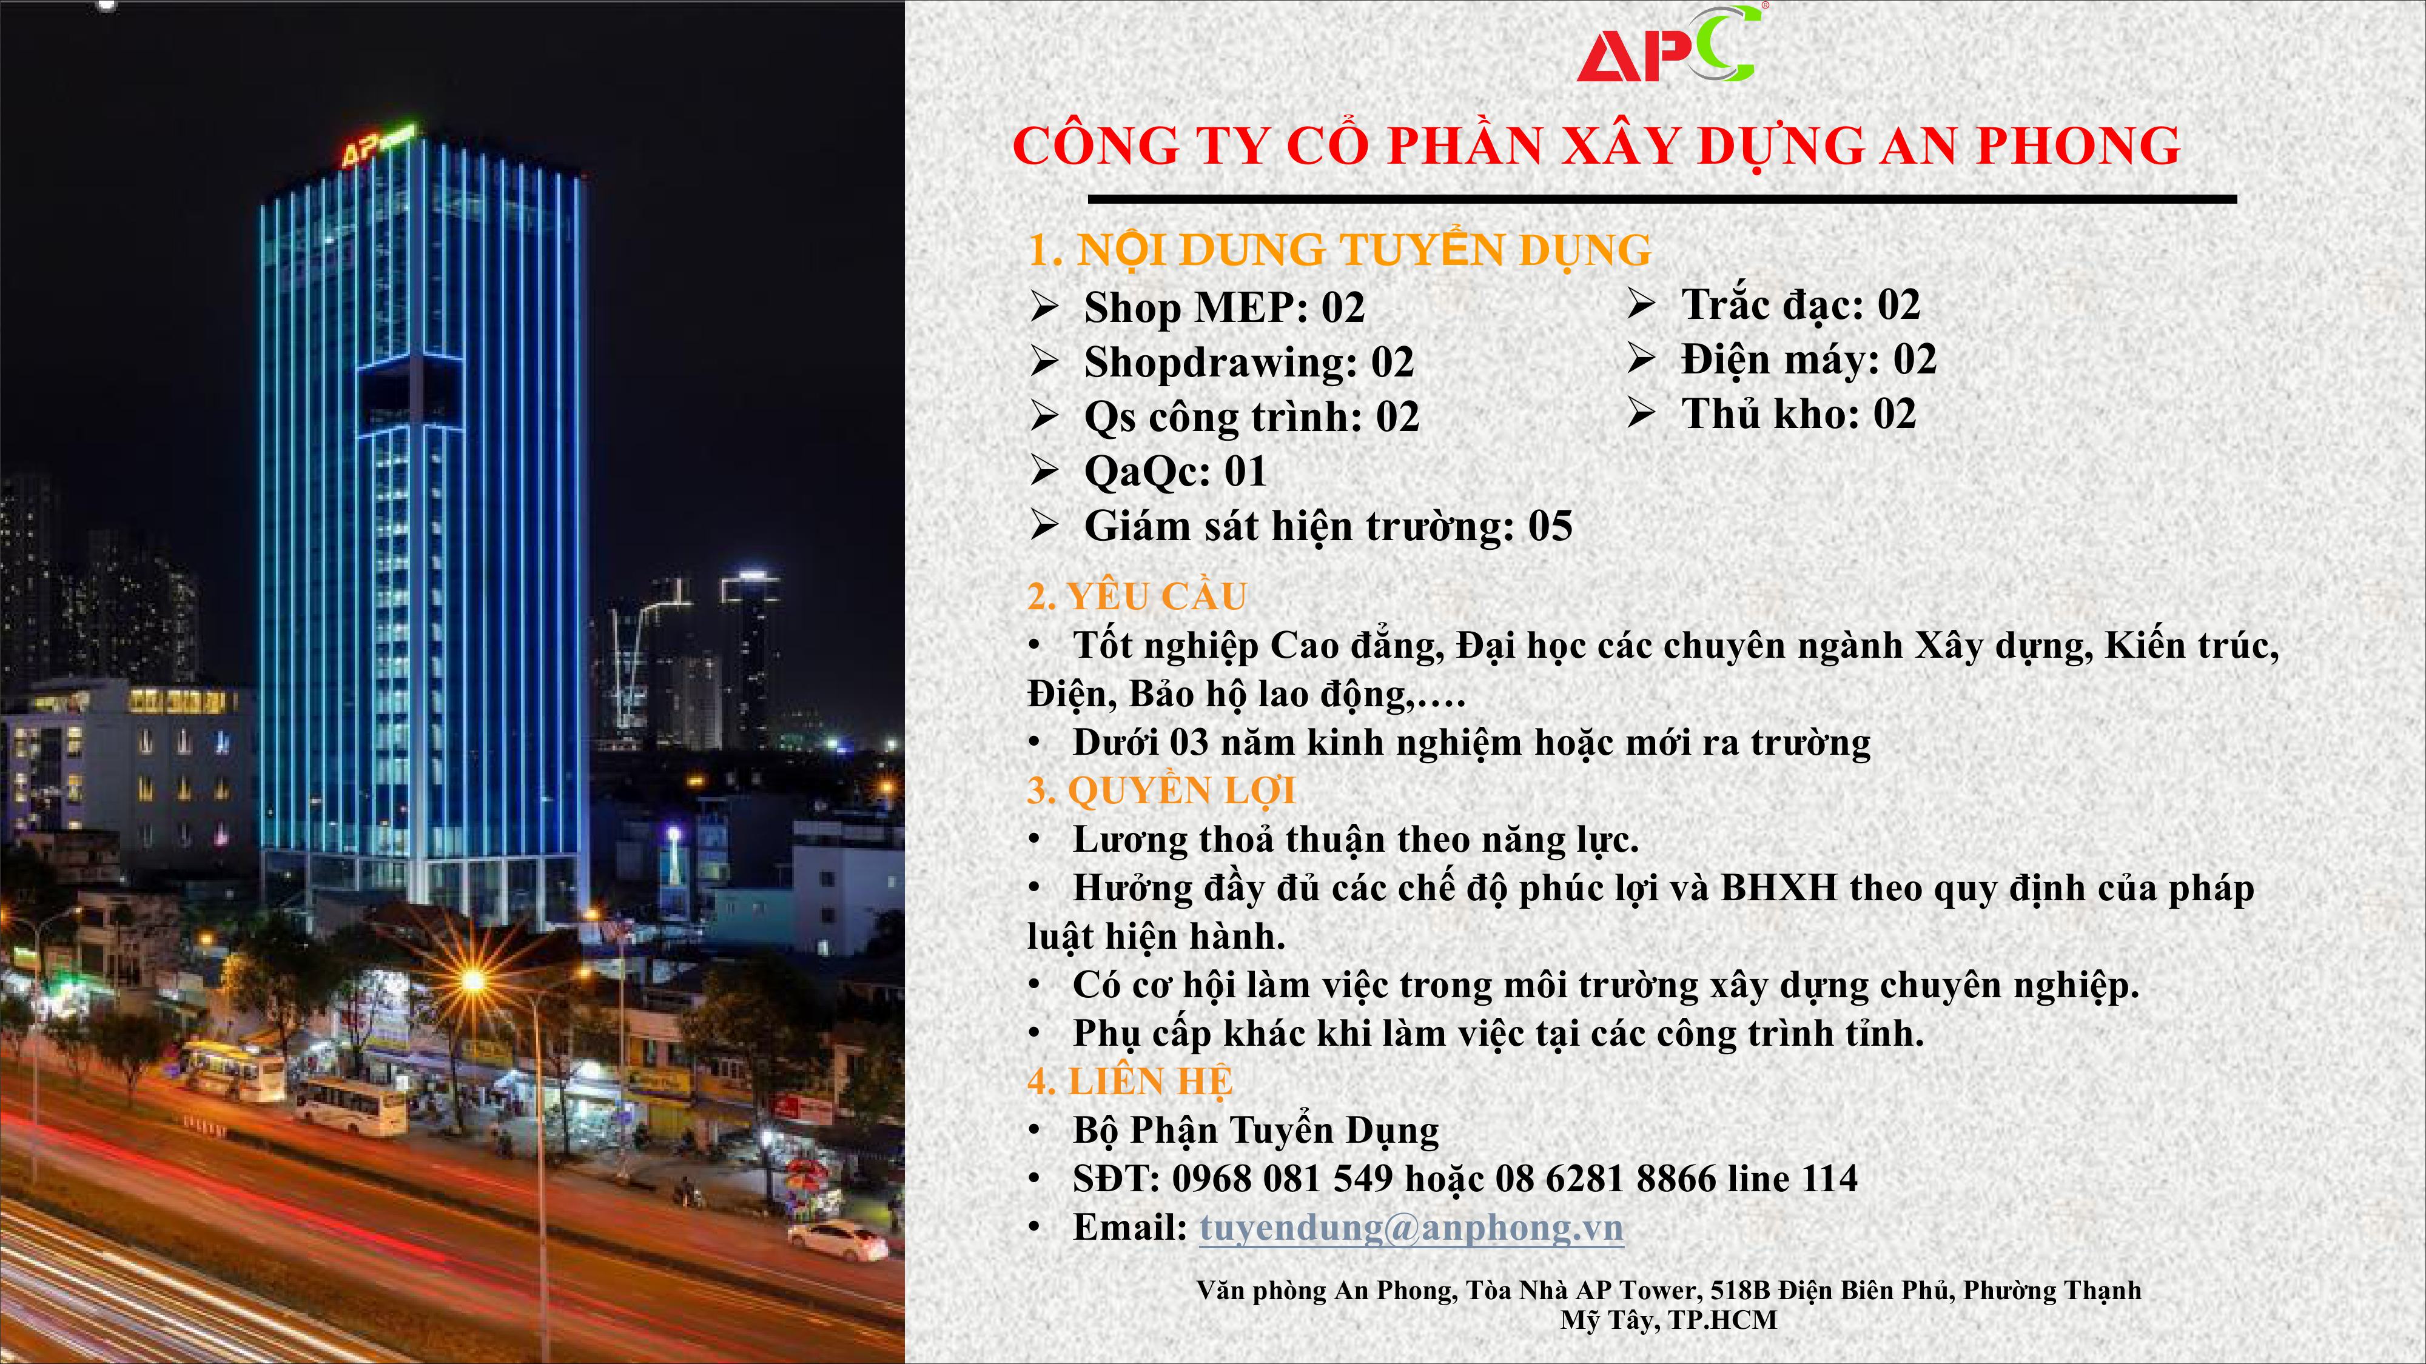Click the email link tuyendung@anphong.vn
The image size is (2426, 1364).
click(x=1411, y=1228)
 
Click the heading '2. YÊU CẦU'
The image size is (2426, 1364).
click(x=1137, y=596)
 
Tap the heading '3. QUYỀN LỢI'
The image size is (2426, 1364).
click(x=1160, y=791)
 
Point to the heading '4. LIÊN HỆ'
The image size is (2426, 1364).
click(x=1129, y=1082)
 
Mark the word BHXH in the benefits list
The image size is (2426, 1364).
click(x=1779, y=888)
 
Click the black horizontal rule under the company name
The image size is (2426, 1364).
click(x=1662, y=199)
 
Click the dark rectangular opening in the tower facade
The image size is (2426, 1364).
click(x=409, y=393)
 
